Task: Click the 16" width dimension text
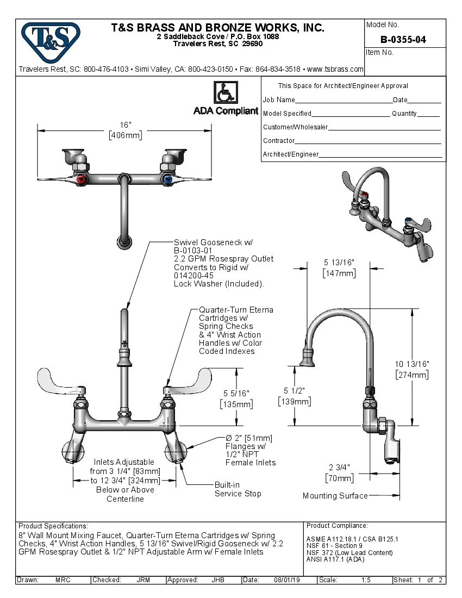click(126, 125)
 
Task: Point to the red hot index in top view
click(82, 179)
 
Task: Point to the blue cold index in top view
click(167, 179)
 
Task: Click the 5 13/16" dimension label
click(339, 263)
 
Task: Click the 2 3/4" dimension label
click(339, 468)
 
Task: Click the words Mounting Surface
click(335, 496)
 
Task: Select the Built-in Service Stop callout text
click(238, 489)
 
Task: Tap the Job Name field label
click(279, 100)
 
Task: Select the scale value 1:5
click(366, 580)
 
